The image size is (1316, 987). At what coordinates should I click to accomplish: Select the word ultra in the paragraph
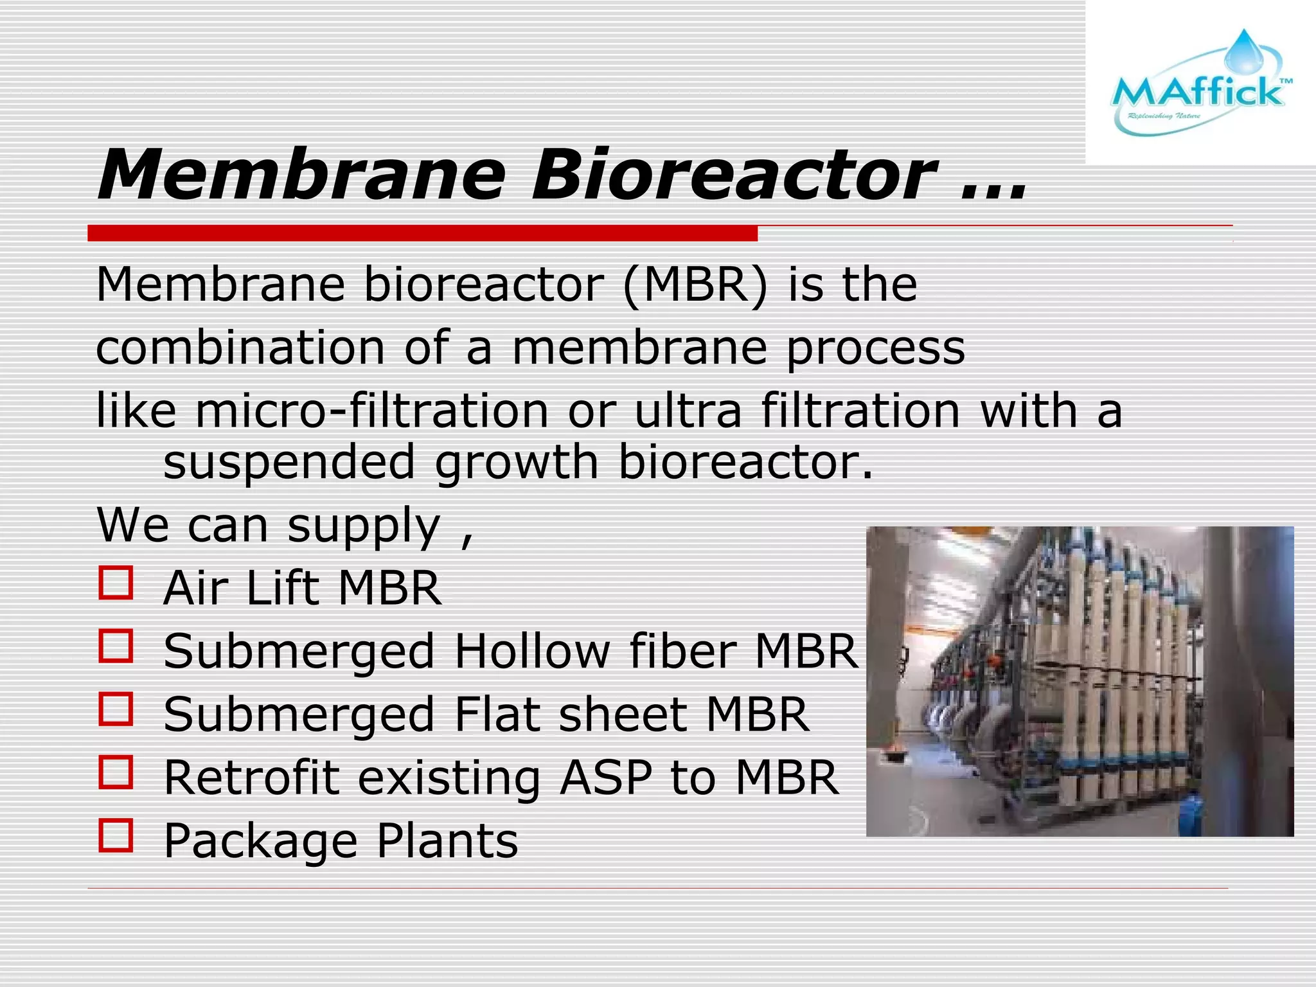tap(688, 411)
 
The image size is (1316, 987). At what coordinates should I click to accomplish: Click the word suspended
tap(289, 462)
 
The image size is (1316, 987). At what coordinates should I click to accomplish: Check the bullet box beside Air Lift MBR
tap(116, 583)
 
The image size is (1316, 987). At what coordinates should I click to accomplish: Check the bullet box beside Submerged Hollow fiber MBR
tap(116, 646)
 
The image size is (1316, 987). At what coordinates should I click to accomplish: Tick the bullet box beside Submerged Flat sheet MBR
tap(116, 709)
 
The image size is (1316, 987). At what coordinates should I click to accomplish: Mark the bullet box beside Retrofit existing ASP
tap(116, 772)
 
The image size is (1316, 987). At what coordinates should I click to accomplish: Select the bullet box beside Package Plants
tap(116, 835)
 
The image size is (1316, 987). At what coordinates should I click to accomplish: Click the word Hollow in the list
tap(532, 651)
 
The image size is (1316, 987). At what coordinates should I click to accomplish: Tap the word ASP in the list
tap(606, 778)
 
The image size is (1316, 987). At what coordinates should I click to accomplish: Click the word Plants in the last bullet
tap(447, 840)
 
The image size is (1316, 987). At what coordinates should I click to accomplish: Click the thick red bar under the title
tap(422, 233)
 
